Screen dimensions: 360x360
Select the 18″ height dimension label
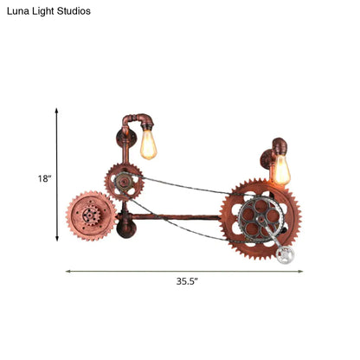coord(44,178)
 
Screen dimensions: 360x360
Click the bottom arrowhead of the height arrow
coord(57,240)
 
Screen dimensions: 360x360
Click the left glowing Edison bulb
coord(151,144)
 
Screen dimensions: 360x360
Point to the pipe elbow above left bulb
coord(142,117)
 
